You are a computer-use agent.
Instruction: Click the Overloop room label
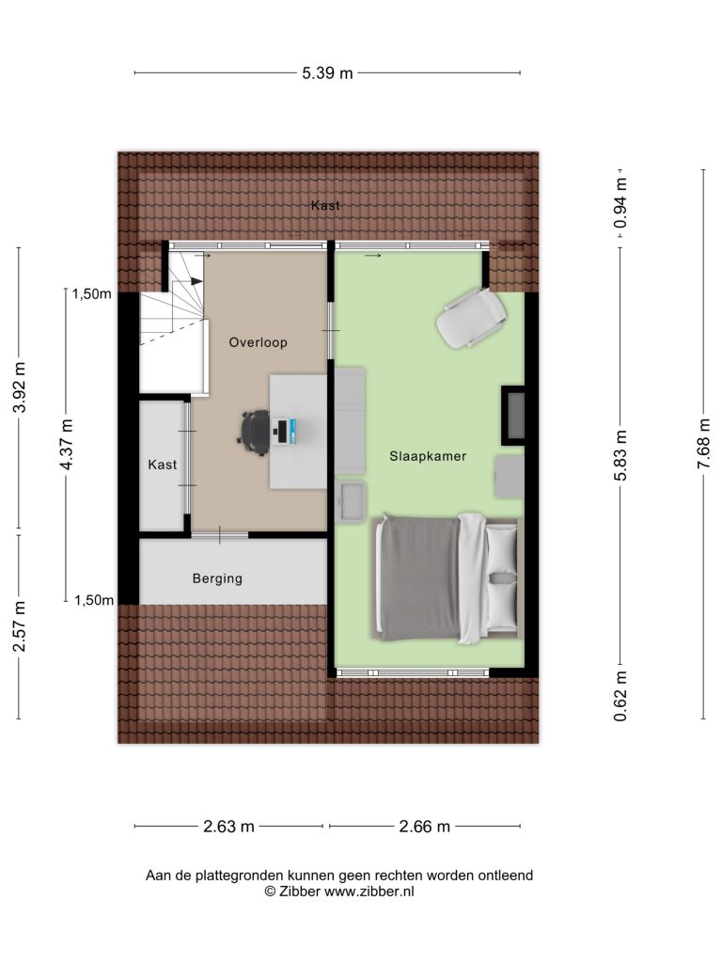click(x=258, y=342)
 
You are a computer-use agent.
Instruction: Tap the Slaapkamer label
click(x=428, y=456)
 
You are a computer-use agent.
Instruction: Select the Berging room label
click(x=217, y=578)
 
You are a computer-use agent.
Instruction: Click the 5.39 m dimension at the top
click(x=327, y=73)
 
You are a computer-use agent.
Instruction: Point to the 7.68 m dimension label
click(x=703, y=444)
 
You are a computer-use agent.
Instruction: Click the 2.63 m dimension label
click(x=228, y=827)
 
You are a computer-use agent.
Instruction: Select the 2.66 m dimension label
click(x=424, y=827)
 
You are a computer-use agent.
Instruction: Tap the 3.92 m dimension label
click(x=20, y=387)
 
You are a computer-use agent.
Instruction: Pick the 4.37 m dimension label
click(x=67, y=444)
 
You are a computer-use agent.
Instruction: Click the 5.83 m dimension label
click(x=620, y=455)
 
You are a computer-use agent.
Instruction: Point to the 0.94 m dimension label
click(x=620, y=203)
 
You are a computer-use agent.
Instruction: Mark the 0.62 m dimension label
click(x=620, y=696)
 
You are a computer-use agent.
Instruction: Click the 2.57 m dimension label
click(x=20, y=625)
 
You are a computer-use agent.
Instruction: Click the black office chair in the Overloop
click(x=254, y=433)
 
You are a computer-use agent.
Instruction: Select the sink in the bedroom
click(x=352, y=501)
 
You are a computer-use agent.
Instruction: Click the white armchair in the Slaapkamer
click(x=471, y=317)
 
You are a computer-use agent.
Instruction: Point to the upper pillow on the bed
click(x=502, y=548)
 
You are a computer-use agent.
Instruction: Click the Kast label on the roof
click(x=325, y=205)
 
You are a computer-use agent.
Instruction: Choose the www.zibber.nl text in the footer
click(x=369, y=892)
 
